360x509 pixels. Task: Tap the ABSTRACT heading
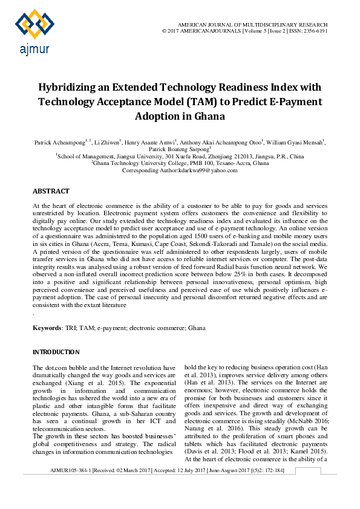click(x=51, y=191)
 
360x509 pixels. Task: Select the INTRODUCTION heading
click(x=56, y=352)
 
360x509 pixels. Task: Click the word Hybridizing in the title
click(x=72, y=88)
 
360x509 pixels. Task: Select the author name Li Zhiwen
click(x=107, y=143)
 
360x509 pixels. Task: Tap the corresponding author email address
click(x=209, y=170)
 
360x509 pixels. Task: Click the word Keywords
click(x=47, y=328)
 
